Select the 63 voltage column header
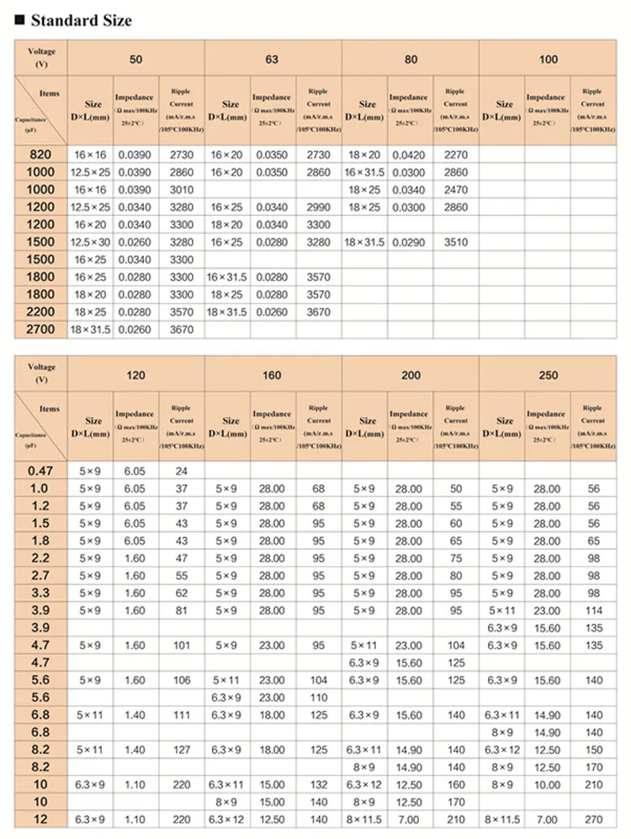click(273, 60)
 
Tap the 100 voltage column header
click(548, 60)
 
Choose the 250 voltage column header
click(548, 375)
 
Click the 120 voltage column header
click(135, 375)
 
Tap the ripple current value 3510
click(455, 242)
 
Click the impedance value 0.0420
click(410, 155)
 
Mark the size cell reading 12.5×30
click(91, 242)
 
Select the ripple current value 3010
click(182, 190)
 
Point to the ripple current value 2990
click(318, 207)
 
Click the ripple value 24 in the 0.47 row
click(182, 471)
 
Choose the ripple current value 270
click(594, 819)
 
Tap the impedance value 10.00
click(547, 784)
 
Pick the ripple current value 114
click(594, 610)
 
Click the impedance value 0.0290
click(410, 242)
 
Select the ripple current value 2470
click(455, 190)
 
